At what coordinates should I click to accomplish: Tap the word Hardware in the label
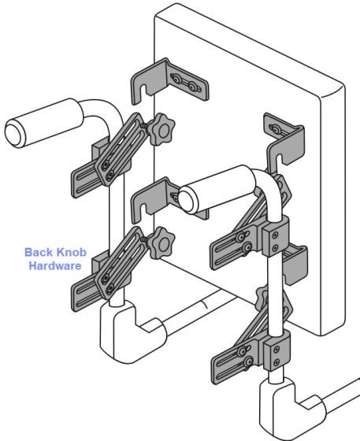[55, 265]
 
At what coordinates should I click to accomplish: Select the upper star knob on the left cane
[161, 129]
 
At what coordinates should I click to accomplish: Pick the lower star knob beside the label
[161, 243]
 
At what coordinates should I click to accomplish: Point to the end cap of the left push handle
[13, 133]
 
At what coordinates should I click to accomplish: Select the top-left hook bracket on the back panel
[169, 82]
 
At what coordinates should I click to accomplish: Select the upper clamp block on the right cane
[276, 236]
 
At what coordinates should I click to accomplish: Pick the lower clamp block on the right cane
[276, 350]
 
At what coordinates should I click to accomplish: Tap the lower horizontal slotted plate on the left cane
[87, 292]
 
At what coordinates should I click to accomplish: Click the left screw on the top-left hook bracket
[176, 79]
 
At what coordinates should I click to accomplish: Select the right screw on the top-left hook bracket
[191, 86]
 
